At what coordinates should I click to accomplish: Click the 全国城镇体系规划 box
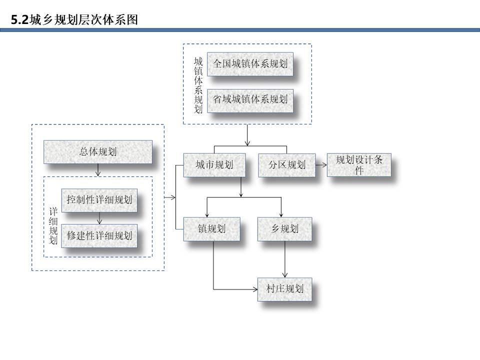coord(250,64)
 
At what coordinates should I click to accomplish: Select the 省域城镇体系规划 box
coord(250,100)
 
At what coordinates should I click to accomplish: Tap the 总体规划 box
coord(98,152)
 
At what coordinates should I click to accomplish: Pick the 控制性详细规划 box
coord(99,200)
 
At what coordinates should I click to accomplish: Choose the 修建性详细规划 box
coord(99,235)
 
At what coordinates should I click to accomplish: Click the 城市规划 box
coord(214,165)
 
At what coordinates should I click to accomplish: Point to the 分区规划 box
coord(287,165)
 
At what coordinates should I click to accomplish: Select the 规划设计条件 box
coord(359,164)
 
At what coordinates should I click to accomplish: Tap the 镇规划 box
coord(211,229)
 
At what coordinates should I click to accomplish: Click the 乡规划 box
coord(284,229)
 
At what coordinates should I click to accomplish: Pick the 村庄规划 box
coord(284,289)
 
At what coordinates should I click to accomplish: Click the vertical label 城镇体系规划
coord(198,85)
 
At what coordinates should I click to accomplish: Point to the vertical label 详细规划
coord(53,226)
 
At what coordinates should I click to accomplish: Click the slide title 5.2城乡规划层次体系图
coord(74,19)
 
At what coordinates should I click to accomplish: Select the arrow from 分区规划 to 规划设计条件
coord(321,165)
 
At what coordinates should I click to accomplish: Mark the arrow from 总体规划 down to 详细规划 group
coord(98,170)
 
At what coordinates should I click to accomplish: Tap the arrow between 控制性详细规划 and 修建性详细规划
coord(99,218)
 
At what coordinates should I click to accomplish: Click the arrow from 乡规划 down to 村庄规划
coord(284,259)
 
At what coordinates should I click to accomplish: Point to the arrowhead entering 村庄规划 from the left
coord(255,289)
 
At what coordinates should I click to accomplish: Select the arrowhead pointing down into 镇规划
coord(207,215)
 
